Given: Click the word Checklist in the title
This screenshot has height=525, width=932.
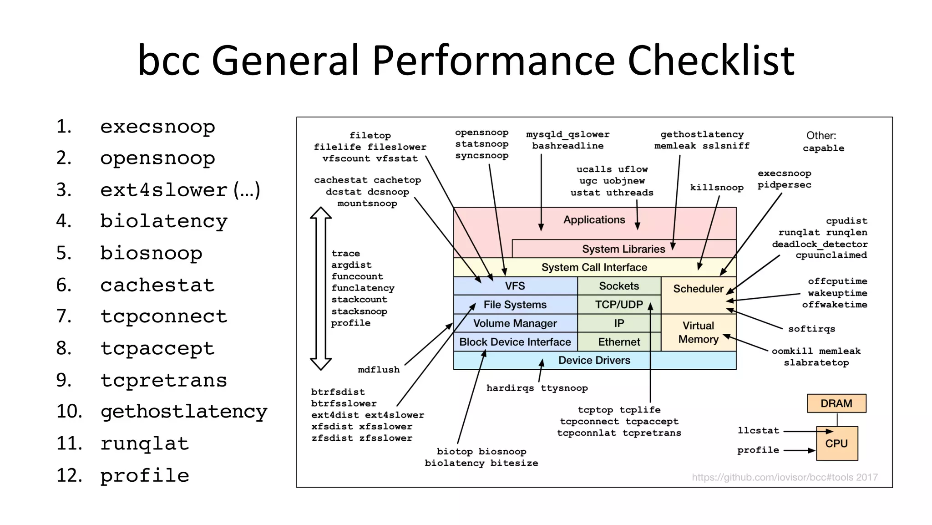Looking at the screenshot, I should point(710,61).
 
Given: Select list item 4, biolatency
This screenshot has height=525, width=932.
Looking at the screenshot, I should point(163,221).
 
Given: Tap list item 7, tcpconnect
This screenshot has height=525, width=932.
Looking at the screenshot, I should point(163,316).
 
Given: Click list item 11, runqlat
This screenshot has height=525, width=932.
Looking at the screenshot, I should point(144,443).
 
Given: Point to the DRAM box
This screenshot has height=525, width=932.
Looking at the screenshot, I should point(836,403).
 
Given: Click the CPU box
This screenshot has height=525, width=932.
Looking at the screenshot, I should point(836,443).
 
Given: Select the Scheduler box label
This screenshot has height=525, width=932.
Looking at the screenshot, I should point(698,289).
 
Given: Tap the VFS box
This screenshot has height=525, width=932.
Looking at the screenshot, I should point(515,286).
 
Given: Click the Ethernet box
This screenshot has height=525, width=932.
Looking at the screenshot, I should point(618,342).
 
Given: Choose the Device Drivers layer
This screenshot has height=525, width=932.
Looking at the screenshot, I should point(594,360).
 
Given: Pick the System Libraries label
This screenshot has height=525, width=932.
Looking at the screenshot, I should point(623,249).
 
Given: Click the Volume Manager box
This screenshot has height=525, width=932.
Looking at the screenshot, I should point(515,323).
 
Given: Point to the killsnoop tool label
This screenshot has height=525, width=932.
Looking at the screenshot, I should point(716,188).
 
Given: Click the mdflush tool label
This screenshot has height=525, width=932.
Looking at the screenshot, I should point(379,370).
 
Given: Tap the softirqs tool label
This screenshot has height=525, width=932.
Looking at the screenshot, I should point(811,329).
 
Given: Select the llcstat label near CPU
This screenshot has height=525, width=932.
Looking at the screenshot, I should point(758,431).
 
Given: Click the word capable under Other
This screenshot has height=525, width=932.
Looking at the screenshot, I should point(823,148).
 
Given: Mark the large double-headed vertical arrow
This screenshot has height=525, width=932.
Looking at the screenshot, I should point(321,288).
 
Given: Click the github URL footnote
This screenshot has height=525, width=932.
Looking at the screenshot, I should point(784,477).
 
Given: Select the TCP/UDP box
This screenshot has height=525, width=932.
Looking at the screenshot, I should point(618,305).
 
